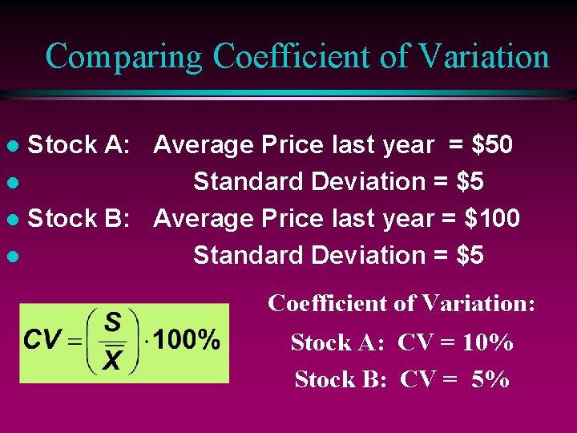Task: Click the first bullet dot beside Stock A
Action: tap(11, 147)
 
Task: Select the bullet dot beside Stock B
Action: tap(11, 220)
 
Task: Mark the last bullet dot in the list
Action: tap(11, 257)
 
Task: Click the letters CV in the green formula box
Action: tap(42, 339)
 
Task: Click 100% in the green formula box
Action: tap(186, 340)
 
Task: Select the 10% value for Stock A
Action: tap(488, 342)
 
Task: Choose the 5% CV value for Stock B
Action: tap(490, 378)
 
